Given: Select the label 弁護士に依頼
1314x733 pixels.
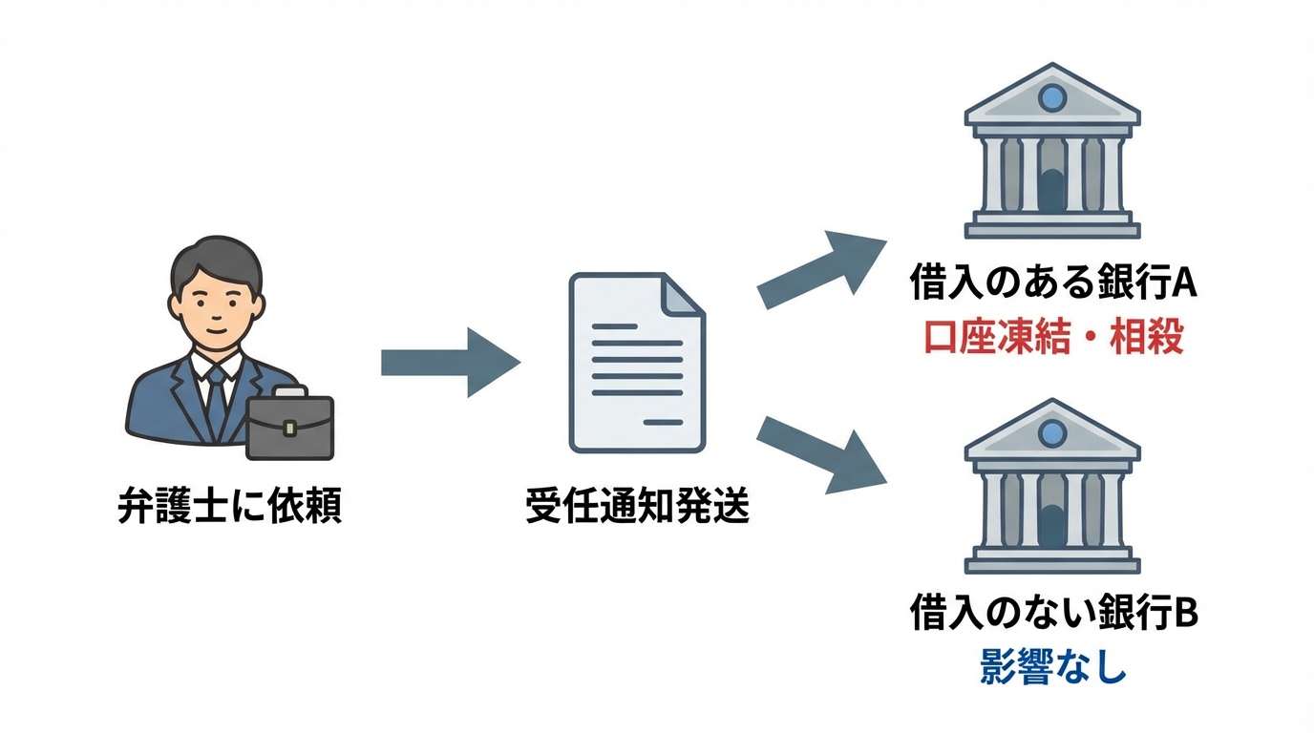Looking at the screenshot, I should tap(229, 505).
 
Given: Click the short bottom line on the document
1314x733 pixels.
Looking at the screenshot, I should tap(662, 421).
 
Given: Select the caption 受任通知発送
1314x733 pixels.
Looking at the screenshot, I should tap(638, 505).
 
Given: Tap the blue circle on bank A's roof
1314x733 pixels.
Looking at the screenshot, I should tap(1051, 96).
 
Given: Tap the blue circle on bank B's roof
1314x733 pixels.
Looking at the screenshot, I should tap(1051, 431).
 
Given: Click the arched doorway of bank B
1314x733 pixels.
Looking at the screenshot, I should tap(1051, 526).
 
